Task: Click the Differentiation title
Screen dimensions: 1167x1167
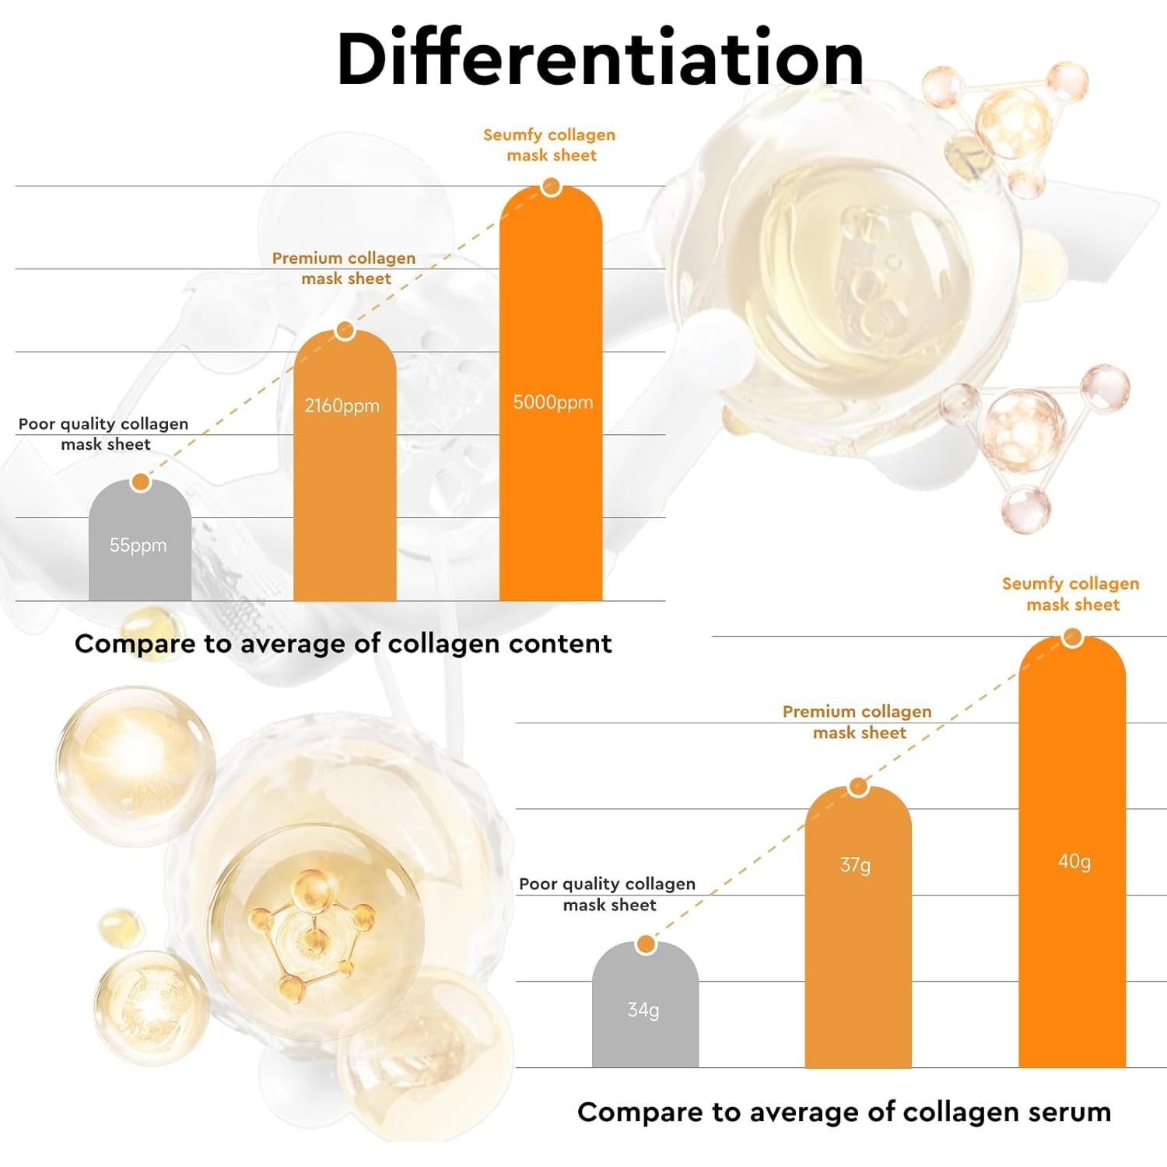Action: [x=600, y=59]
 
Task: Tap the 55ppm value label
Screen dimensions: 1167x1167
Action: [x=138, y=545]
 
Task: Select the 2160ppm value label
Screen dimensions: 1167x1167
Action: [x=342, y=405]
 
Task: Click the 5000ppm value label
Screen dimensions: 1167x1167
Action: [x=552, y=402]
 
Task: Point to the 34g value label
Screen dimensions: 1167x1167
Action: [x=643, y=1010]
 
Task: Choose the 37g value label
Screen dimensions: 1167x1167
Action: [x=856, y=864]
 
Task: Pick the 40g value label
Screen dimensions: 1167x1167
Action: [x=1074, y=861]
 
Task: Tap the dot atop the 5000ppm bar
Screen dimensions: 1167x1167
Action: [x=552, y=187]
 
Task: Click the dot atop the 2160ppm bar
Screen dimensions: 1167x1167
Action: [x=345, y=331]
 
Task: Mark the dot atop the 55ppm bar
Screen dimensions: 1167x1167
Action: [x=141, y=482]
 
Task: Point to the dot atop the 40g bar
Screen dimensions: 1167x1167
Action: [x=1072, y=639]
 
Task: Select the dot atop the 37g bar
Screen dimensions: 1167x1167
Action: [x=858, y=787]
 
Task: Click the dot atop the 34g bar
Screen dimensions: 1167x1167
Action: [x=646, y=945]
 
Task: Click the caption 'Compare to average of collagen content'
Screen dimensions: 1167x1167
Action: [x=343, y=643]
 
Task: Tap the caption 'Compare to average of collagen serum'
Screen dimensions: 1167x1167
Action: [x=844, y=1112]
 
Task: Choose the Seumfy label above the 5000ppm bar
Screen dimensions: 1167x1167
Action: [x=550, y=145]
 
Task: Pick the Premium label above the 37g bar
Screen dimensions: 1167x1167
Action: [x=857, y=722]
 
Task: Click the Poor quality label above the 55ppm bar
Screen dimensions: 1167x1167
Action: [x=103, y=433]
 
